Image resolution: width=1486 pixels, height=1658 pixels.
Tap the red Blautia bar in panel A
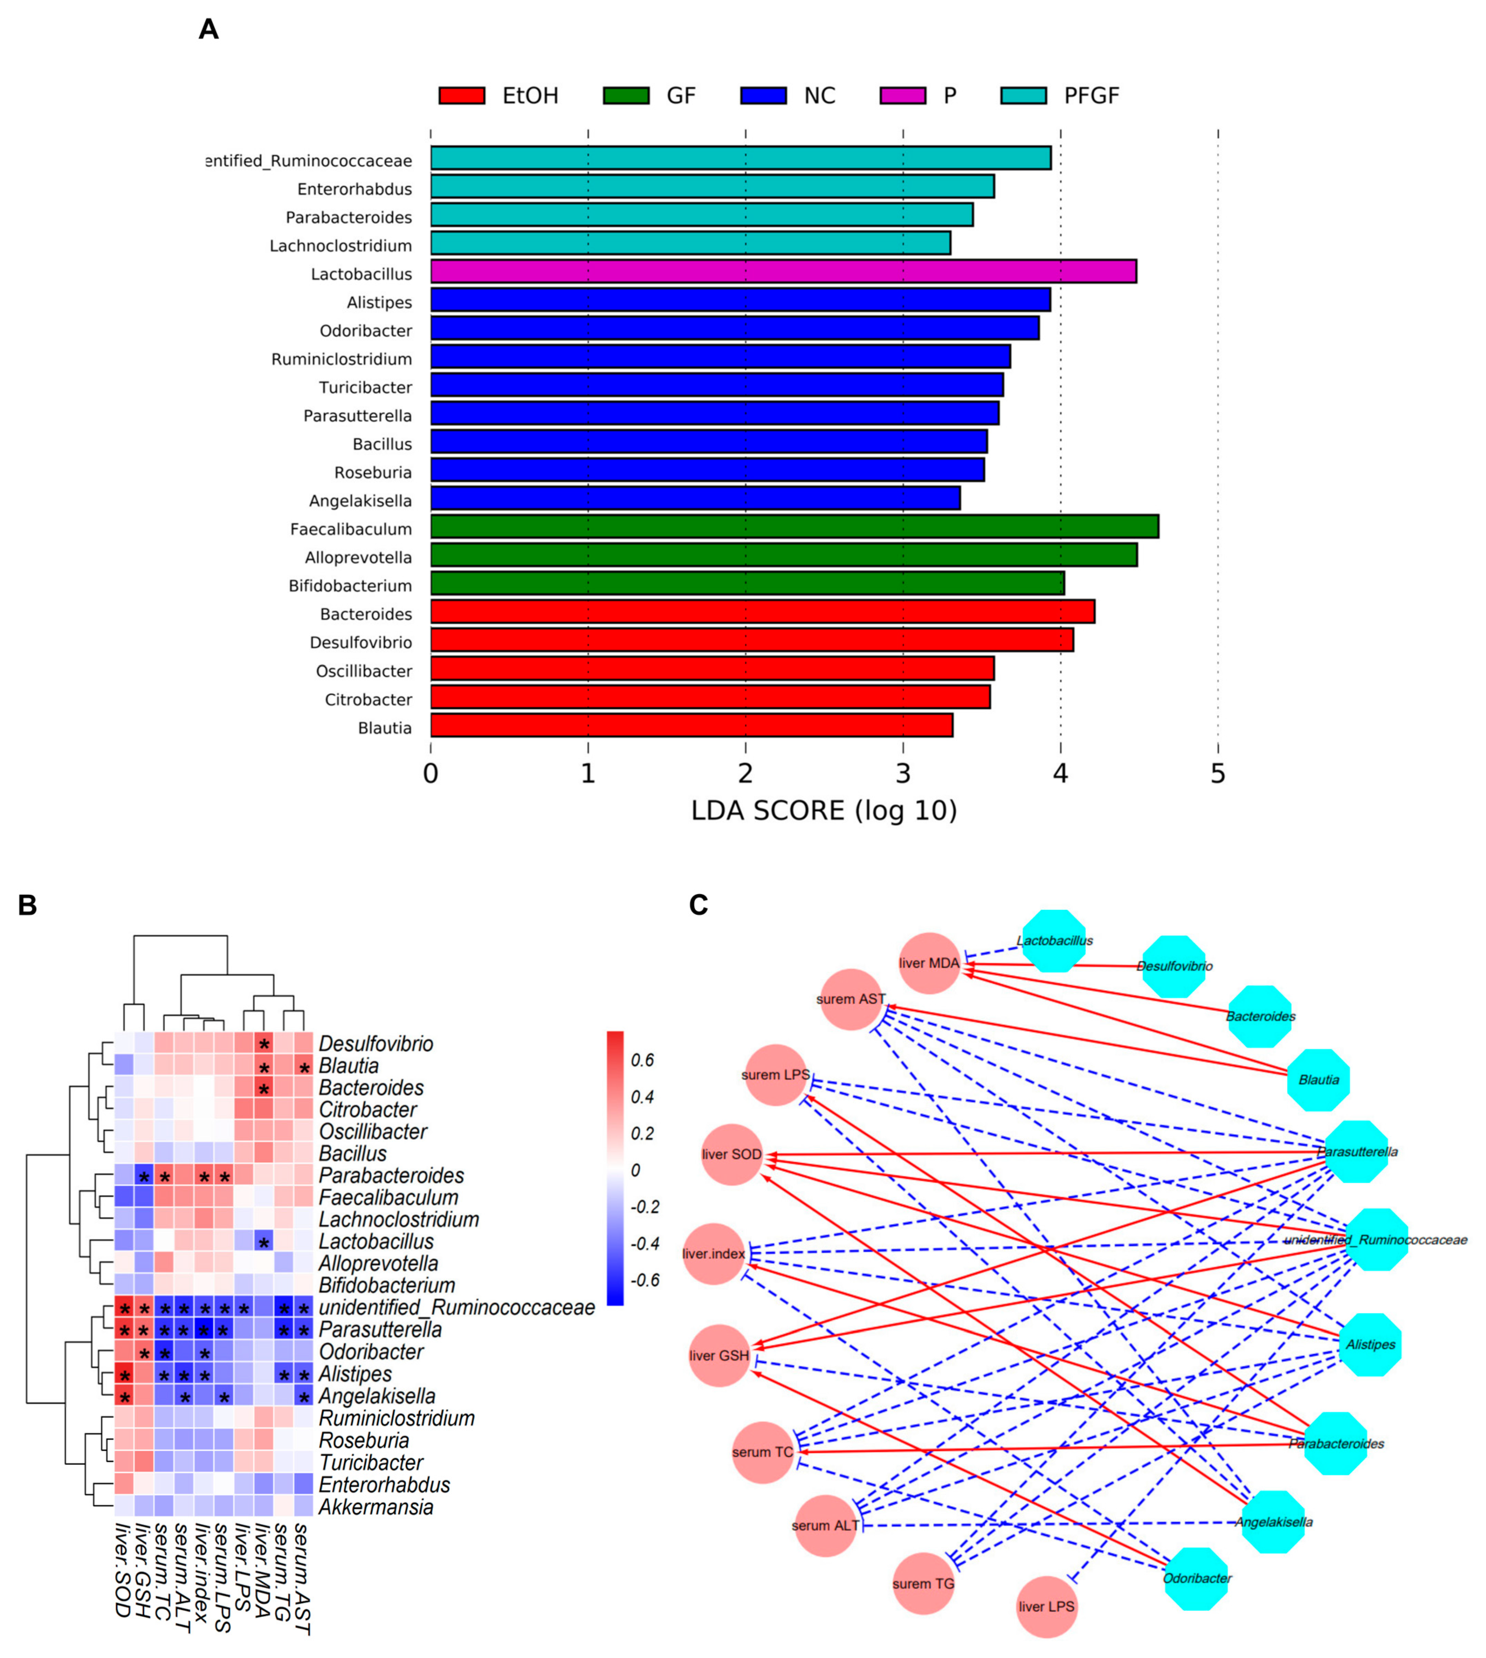(691, 725)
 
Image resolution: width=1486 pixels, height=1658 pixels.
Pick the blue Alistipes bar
(740, 300)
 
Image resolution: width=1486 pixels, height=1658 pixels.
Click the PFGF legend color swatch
(1023, 95)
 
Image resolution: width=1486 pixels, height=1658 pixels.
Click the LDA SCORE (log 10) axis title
(824, 811)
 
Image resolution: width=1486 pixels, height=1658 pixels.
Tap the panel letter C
(698, 905)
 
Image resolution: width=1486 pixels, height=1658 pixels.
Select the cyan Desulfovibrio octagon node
(1173, 967)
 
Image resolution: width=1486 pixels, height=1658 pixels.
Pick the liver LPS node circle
(1047, 1607)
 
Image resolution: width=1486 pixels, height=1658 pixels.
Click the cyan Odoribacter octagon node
(1196, 1578)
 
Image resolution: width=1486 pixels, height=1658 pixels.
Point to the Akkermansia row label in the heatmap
(376, 1507)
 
